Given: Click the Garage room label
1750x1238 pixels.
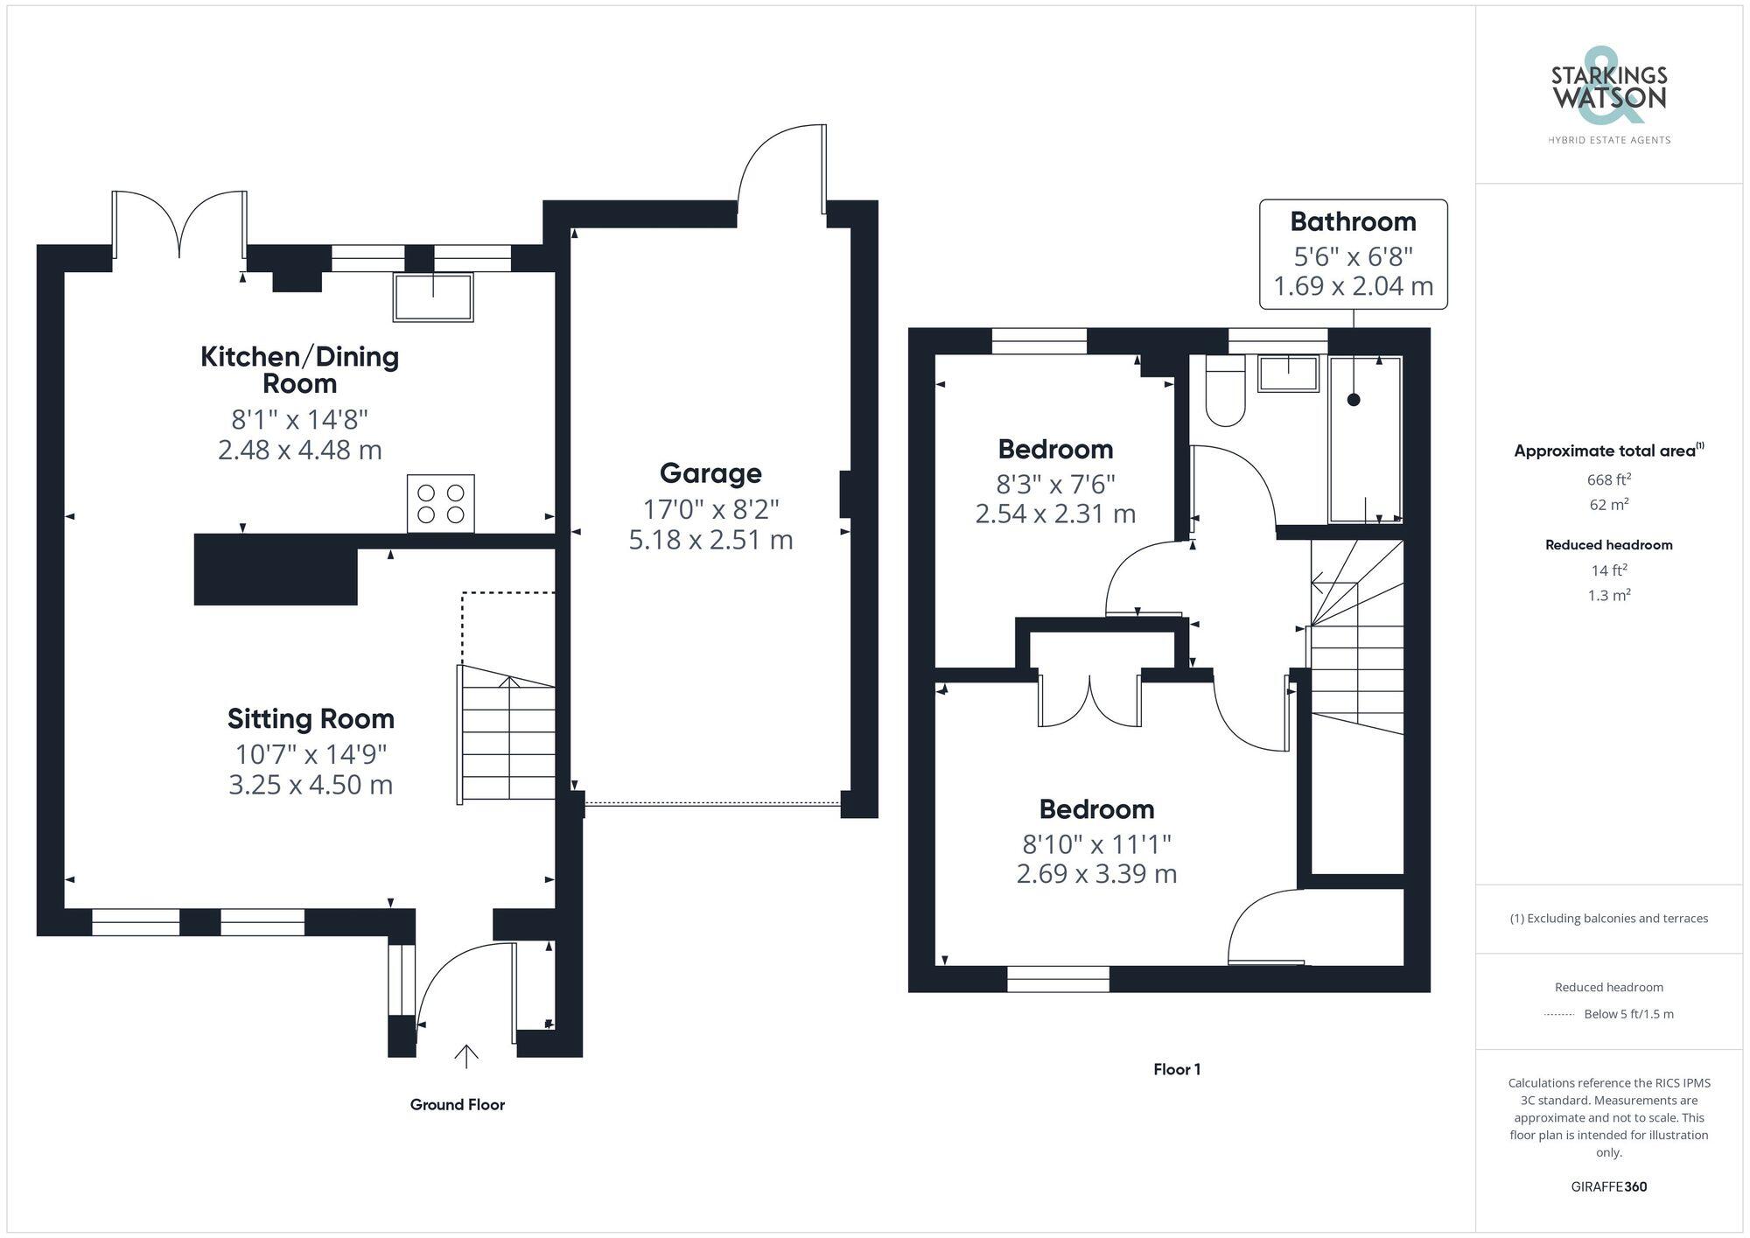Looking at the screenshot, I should [710, 473].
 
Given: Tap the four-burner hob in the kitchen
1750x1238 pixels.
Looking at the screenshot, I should [441, 503].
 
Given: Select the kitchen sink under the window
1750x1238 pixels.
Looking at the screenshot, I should [433, 297].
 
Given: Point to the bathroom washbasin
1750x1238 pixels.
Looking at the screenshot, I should [1288, 374].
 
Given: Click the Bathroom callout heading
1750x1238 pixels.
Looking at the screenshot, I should [1353, 222].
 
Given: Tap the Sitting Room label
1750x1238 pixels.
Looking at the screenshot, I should [311, 719].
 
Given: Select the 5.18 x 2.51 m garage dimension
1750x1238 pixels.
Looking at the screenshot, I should [710, 540].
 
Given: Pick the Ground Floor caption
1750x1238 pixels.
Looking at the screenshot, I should [457, 1105].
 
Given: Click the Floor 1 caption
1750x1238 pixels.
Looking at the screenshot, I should [1177, 1069].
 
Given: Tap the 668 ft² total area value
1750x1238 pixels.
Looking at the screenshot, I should [1608, 479].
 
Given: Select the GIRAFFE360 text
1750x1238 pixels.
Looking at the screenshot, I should [1608, 1187].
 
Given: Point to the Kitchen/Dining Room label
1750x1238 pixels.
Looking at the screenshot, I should [299, 369].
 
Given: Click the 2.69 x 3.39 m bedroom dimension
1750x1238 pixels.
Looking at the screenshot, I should [1096, 874].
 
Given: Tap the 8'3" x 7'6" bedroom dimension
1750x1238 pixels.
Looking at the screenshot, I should [1055, 484].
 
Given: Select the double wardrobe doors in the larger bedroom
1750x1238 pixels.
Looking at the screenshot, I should [1089, 700].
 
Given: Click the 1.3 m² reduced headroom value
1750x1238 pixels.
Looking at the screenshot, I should [1608, 596].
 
